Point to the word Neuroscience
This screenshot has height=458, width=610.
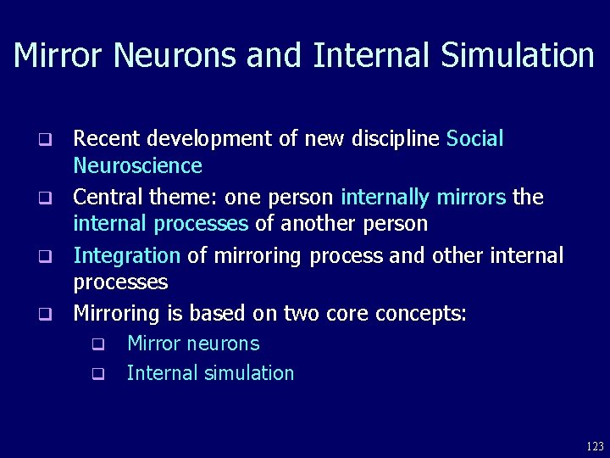[137, 165]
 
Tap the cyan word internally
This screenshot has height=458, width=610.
[385, 197]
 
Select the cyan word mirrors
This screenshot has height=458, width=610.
[472, 197]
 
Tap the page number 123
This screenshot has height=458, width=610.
[594, 445]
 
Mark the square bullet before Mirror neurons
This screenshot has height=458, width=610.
[97, 344]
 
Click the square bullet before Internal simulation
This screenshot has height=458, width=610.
[97, 373]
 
